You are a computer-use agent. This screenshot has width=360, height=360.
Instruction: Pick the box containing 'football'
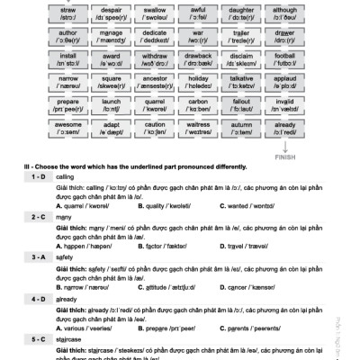click(x=285, y=66)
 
